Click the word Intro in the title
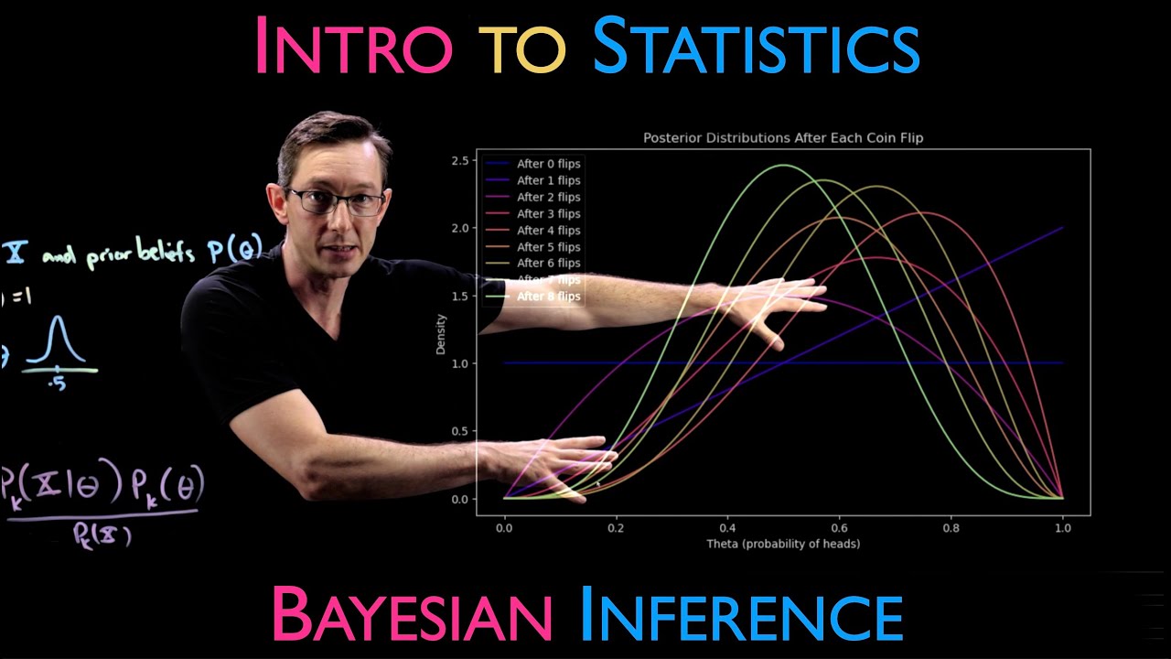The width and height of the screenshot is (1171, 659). click(x=352, y=45)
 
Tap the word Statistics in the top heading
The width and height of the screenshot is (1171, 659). click(x=756, y=45)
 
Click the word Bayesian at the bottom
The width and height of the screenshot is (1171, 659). click(x=411, y=615)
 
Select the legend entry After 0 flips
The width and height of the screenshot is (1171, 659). click(x=548, y=164)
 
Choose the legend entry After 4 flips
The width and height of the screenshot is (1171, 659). click(x=548, y=231)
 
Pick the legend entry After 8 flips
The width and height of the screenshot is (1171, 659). click(x=548, y=297)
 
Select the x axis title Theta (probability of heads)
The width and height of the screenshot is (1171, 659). click(x=783, y=544)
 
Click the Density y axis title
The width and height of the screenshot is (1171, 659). click(x=442, y=335)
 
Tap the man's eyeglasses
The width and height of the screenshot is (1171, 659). click(x=337, y=200)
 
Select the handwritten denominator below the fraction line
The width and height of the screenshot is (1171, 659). click(x=102, y=535)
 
